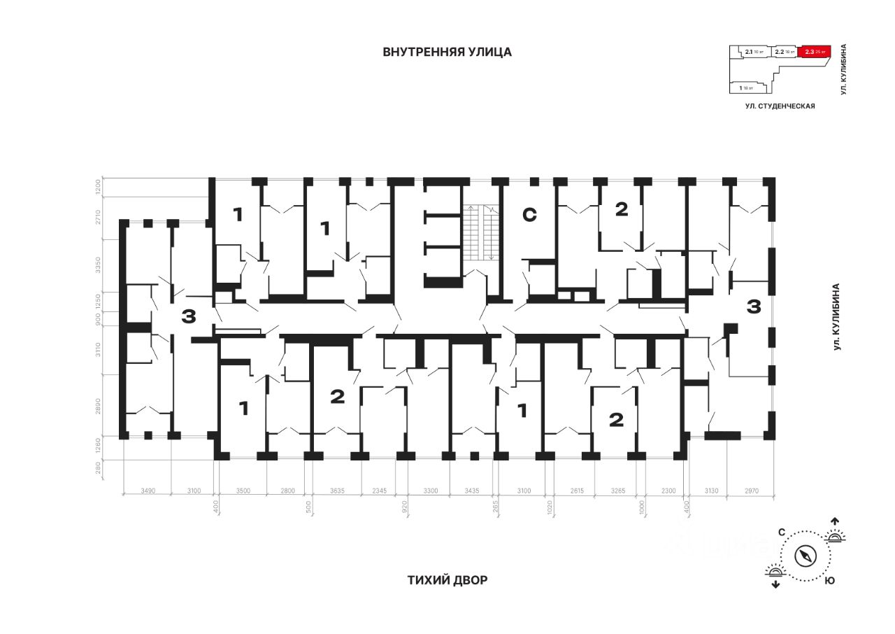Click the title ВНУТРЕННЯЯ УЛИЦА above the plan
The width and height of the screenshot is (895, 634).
(447, 52)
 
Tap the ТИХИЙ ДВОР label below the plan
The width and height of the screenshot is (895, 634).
(447, 580)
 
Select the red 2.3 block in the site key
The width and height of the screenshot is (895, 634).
(815, 51)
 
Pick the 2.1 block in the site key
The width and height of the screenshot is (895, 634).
(752, 51)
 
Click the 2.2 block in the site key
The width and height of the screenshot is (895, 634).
(785, 51)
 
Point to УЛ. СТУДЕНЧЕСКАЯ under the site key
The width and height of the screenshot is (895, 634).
(780, 106)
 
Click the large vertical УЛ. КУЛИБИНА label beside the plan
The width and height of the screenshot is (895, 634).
(836, 316)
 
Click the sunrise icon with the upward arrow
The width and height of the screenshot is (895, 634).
(834, 533)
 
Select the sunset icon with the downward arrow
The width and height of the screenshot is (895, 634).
(775, 575)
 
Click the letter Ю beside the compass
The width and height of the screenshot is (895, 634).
(829, 581)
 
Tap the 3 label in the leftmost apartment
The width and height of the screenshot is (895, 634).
(188, 316)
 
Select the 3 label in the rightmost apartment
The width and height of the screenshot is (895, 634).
(754, 307)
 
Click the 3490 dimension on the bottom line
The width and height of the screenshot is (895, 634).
(146, 491)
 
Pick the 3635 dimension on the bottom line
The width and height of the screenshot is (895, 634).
(337, 491)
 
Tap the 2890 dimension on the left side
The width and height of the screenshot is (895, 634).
(99, 408)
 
